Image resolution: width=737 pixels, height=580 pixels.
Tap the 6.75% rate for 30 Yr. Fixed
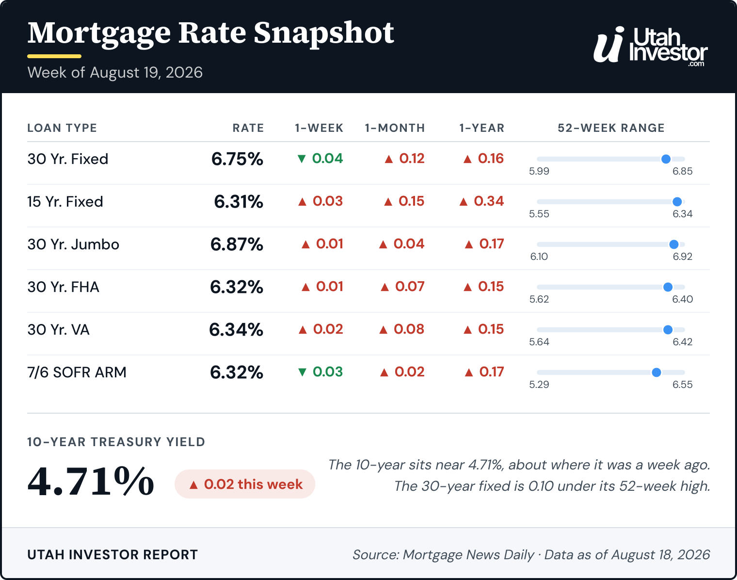[237, 159]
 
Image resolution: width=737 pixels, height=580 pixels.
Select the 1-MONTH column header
[395, 128]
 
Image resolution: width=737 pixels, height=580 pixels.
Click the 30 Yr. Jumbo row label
[73, 244]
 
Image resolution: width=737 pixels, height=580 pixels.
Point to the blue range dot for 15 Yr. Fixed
[677, 202]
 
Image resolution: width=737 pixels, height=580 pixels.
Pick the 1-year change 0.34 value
[481, 201]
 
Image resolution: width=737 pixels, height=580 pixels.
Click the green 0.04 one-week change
[320, 158]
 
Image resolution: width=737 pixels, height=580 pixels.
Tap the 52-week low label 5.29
[539, 385]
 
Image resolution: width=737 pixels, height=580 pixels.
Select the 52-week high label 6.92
[683, 256]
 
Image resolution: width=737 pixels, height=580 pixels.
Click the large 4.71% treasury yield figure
[91, 481]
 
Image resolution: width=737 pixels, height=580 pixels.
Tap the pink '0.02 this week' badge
[245, 484]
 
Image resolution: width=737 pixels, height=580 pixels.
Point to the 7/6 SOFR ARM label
[77, 372]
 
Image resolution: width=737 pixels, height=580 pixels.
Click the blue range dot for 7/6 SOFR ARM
[656, 372]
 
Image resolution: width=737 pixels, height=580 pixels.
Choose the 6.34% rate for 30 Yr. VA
[236, 330]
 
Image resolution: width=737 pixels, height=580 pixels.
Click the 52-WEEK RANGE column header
[611, 128]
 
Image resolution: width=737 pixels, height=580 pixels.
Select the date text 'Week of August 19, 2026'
[115, 72]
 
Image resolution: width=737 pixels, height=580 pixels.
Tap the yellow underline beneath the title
[54, 56]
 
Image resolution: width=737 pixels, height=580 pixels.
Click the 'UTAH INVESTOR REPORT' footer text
[112, 555]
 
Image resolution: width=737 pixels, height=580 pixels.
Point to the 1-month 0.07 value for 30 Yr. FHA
[402, 287]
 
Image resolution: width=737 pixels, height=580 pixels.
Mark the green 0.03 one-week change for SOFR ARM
[320, 371]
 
